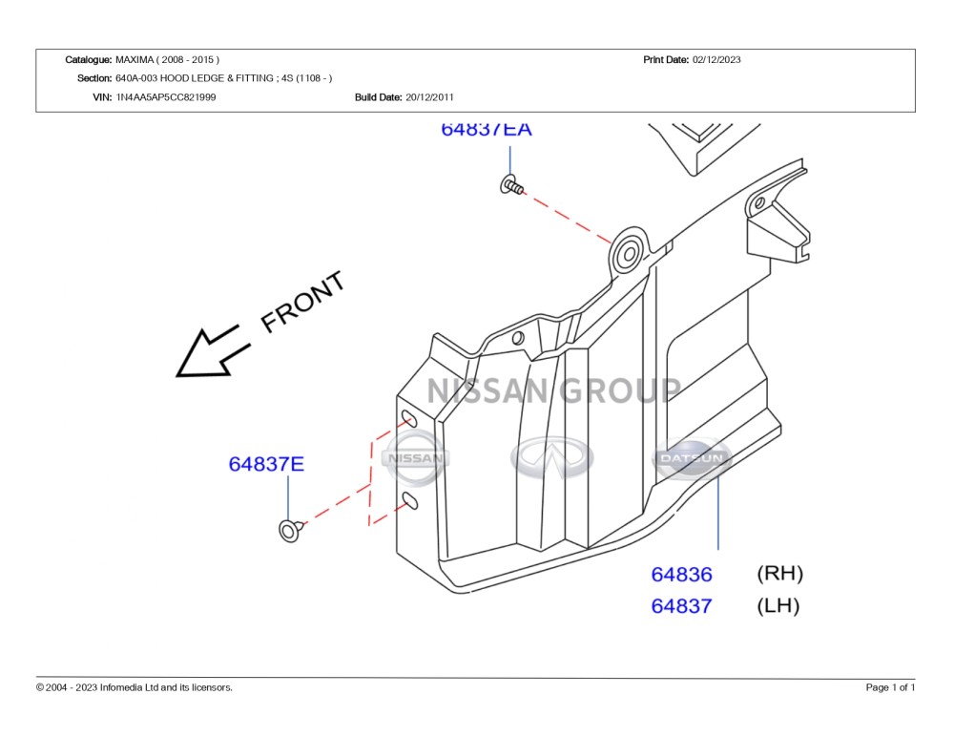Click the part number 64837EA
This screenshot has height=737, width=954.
pos(487,129)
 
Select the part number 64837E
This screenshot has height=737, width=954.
pos(266,464)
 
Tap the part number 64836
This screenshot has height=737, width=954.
pos(681,575)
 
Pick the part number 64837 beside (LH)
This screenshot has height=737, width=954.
pos(681,606)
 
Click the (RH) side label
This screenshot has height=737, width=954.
pos(780,573)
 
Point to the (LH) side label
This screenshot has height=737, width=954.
pos(778,605)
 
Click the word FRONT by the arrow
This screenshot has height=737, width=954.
pos(302,302)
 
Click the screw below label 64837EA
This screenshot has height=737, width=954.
pos(511,185)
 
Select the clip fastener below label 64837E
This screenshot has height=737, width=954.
pos(291,530)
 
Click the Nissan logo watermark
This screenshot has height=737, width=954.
pos(416,458)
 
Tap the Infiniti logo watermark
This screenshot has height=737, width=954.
pos(551,457)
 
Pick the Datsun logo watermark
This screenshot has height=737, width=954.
pos(692,458)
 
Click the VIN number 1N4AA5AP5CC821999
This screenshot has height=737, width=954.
pos(165,97)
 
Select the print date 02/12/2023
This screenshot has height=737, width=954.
pos(716,60)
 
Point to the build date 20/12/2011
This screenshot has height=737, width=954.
pos(429,97)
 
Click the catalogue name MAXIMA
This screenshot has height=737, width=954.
pos(135,60)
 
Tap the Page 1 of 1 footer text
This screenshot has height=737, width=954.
pos(890,687)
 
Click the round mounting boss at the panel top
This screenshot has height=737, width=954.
pos(629,253)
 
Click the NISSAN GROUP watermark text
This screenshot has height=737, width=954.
pos(553,390)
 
